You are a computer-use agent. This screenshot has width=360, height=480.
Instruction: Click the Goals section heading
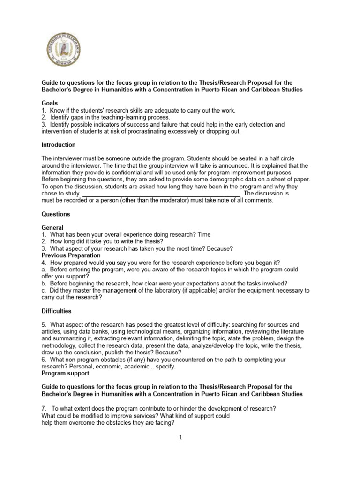[x=49, y=103]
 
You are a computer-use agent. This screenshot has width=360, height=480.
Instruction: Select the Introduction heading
[x=58, y=145]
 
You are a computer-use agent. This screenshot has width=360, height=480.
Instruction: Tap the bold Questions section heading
[x=55, y=214]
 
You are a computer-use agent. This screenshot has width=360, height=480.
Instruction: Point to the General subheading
[x=52, y=228]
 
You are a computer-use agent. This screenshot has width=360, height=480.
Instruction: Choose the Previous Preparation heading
[x=71, y=255]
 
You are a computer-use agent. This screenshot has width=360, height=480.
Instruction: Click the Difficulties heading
[x=56, y=311]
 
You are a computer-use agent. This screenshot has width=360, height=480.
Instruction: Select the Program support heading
[x=65, y=373]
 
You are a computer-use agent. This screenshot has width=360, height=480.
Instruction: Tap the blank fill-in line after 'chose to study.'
[x=161, y=194]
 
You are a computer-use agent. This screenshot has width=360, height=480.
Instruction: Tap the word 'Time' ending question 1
[x=204, y=234]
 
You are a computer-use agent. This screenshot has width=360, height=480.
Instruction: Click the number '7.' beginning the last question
[x=44, y=408]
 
